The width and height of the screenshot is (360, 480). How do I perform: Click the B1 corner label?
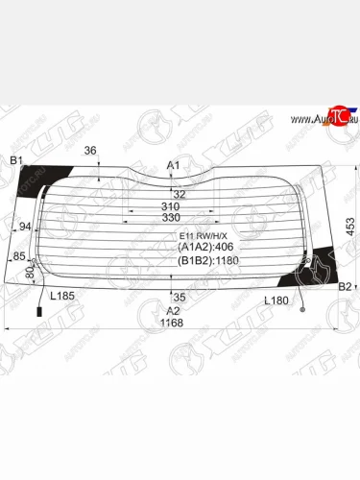click(x=17, y=159)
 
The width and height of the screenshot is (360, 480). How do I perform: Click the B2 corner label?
click(x=345, y=286)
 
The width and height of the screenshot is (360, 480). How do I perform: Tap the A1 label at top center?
click(x=174, y=166)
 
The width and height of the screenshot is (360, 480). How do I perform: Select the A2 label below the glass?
click(x=173, y=310)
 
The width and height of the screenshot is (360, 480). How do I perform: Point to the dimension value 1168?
click(x=171, y=323)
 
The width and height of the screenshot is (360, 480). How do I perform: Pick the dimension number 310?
click(x=171, y=207)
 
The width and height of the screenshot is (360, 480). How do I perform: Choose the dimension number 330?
click(x=171, y=219)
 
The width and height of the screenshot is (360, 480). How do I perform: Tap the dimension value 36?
click(x=90, y=150)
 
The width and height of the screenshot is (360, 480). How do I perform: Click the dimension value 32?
click(x=179, y=194)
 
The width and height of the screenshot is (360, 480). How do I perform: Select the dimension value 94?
click(x=26, y=228)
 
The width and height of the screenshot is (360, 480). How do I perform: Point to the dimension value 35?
click(x=179, y=296)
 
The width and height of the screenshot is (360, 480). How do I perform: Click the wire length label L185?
click(x=61, y=297)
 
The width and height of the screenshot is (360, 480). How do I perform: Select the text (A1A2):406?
click(x=202, y=246)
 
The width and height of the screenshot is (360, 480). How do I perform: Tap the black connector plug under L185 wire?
click(x=39, y=313)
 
